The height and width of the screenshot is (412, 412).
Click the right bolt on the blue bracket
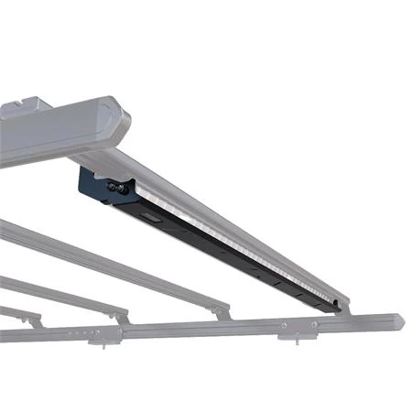pos(122,190)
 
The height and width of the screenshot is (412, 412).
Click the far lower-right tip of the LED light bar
pos(342,305)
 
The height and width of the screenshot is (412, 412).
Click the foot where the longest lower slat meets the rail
pos(221,314)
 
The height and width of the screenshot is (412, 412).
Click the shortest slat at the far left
pos(18,312)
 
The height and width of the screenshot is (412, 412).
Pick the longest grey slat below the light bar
pos(110,265)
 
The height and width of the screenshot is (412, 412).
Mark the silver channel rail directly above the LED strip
pos(229,220)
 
